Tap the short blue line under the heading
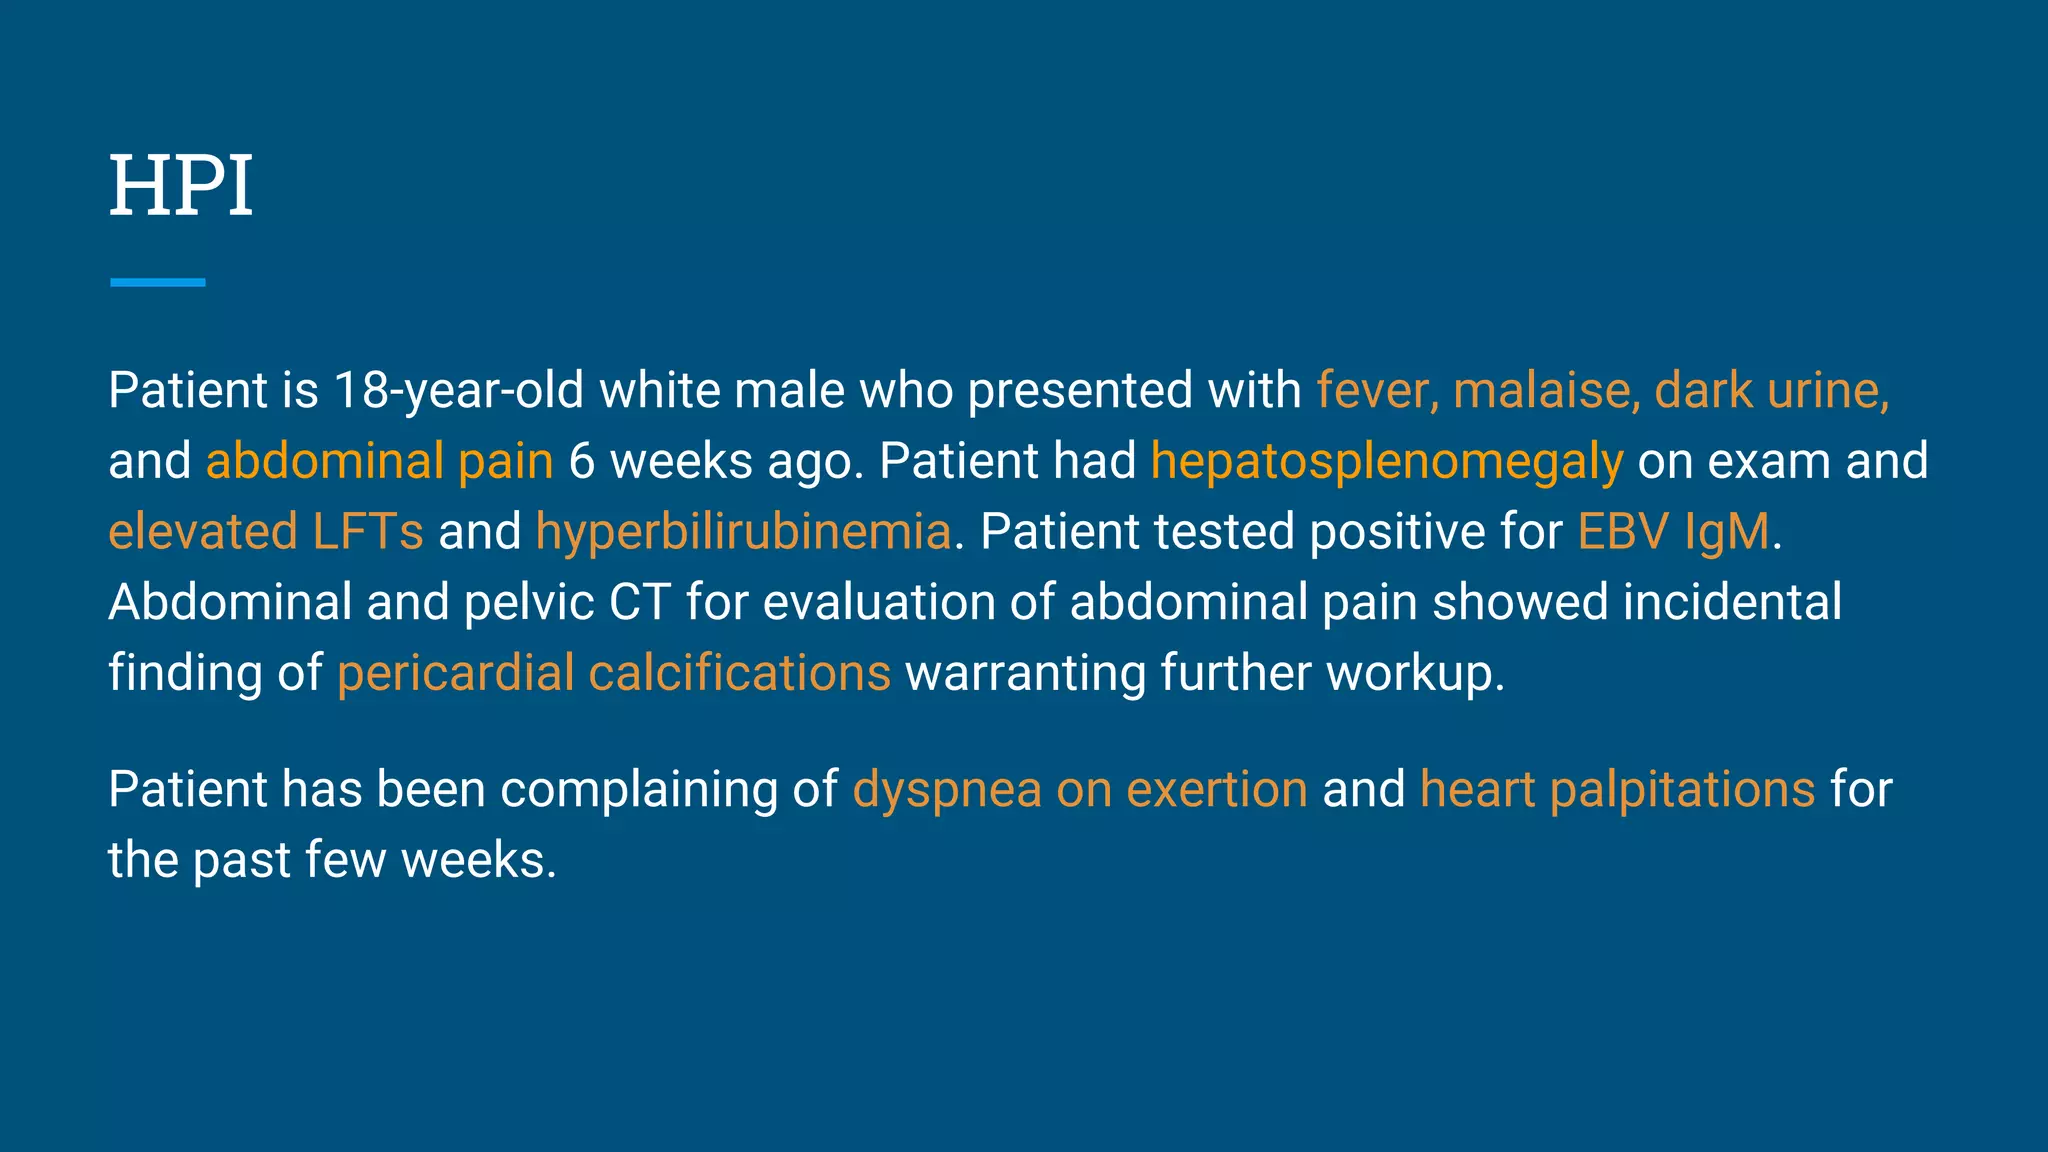pyautogui.click(x=158, y=283)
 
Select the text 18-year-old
pyautogui.click(x=459, y=390)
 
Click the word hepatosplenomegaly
pyautogui.click(x=1387, y=462)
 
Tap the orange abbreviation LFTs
pyautogui.click(x=368, y=531)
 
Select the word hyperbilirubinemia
pyautogui.click(x=743, y=531)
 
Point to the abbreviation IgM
pyautogui.click(x=1727, y=531)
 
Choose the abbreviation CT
pyautogui.click(x=640, y=602)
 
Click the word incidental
pyautogui.click(x=1732, y=602)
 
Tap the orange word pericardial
pyautogui.click(x=456, y=673)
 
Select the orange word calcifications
pyautogui.click(x=739, y=673)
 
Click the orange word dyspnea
pyautogui.click(x=947, y=790)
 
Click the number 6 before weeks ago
pyautogui.click(x=582, y=462)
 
